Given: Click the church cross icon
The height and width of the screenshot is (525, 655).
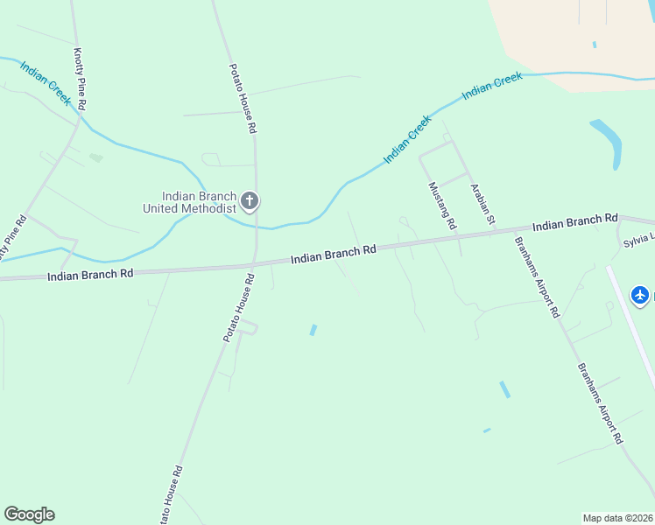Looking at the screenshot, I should [249, 202].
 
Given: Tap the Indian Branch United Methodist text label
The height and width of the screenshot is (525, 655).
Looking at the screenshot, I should [190, 202].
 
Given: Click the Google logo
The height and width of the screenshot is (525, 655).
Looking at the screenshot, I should [29, 514].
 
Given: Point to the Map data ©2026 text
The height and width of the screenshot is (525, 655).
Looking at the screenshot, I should [618, 518].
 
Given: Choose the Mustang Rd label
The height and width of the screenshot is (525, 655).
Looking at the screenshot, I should [442, 206].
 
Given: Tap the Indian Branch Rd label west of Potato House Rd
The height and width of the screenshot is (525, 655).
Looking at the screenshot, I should [90, 274].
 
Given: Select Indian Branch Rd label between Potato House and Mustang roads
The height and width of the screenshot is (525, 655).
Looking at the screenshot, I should [333, 255].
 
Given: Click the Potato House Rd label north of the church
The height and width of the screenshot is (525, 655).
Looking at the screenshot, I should [242, 98].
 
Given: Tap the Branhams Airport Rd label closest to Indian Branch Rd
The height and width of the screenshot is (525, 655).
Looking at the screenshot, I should [536, 276].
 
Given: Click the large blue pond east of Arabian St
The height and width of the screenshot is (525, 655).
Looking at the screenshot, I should [607, 143].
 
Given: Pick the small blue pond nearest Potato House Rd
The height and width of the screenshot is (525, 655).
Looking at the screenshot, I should [313, 330].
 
